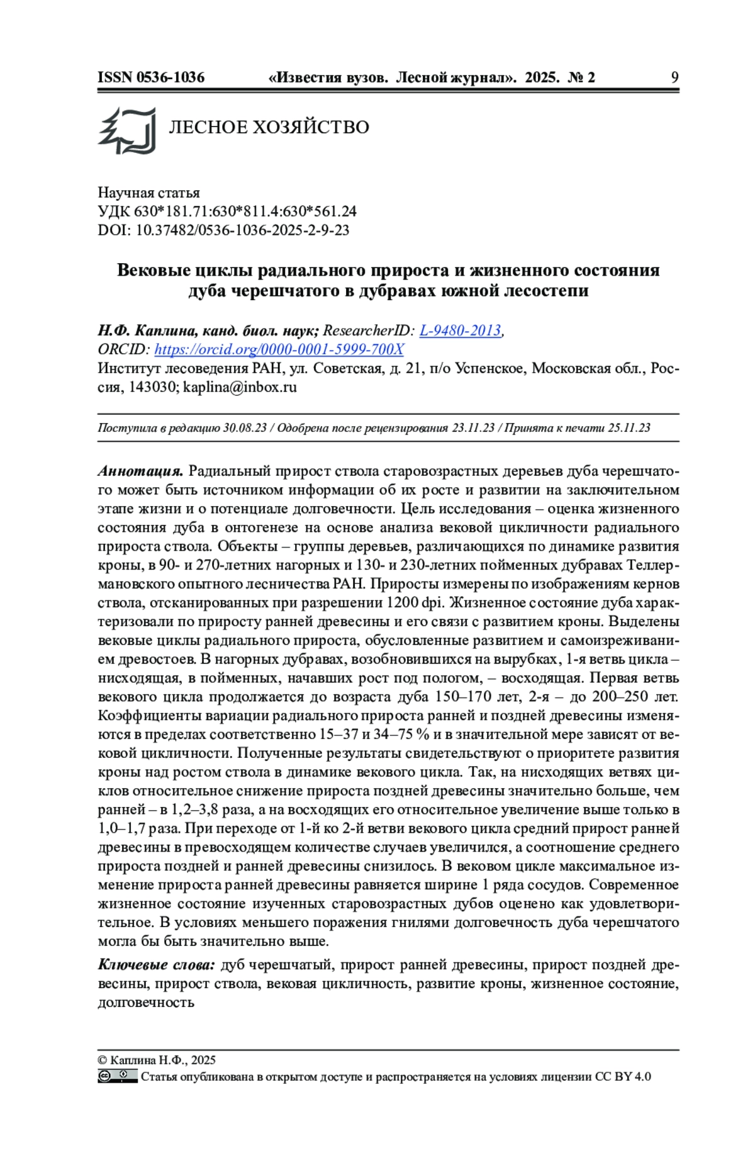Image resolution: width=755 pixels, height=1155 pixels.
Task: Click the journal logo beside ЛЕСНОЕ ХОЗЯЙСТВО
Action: pyautogui.click(x=127, y=130)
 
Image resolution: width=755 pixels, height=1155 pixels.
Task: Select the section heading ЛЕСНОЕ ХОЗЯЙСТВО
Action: pyautogui.click(x=269, y=127)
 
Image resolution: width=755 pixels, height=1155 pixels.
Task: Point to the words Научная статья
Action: pyautogui.click(x=148, y=193)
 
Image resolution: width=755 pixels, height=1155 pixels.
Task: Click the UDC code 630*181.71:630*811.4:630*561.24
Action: pyautogui.click(x=245, y=211)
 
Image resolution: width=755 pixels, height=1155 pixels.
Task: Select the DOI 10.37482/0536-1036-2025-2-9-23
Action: pyautogui.click(x=242, y=230)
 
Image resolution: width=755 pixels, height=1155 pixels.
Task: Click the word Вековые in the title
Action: pyautogui.click(x=154, y=270)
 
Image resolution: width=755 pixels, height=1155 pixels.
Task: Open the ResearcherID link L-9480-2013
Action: pyautogui.click(x=460, y=330)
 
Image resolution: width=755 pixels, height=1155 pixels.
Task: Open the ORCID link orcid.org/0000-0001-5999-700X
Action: pyautogui.click(x=279, y=349)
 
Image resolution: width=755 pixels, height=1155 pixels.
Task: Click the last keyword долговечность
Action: pyautogui.click(x=146, y=1002)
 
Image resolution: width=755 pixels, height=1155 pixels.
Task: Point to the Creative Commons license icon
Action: pyautogui.click(x=117, y=1076)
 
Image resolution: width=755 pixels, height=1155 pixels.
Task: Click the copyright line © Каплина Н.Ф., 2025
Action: pyautogui.click(x=157, y=1060)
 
